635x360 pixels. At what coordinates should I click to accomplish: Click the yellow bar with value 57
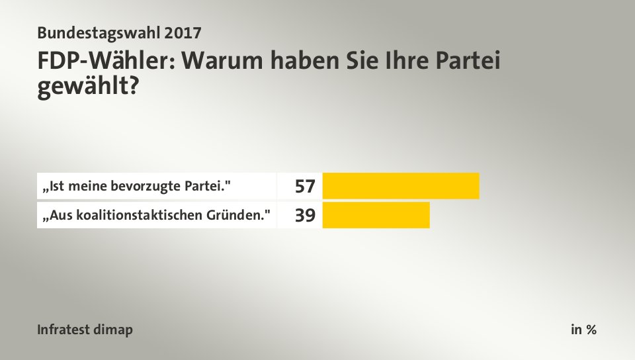(401, 186)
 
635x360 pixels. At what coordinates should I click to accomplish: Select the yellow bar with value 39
(376, 216)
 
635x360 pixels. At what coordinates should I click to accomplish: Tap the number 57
(305, 187)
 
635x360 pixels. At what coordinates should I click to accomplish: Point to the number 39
(305, 216)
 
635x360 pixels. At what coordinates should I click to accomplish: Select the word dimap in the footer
(115, 330)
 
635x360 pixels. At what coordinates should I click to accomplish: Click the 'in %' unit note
(583, 330)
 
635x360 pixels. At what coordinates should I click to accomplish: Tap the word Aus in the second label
(56, 216)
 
